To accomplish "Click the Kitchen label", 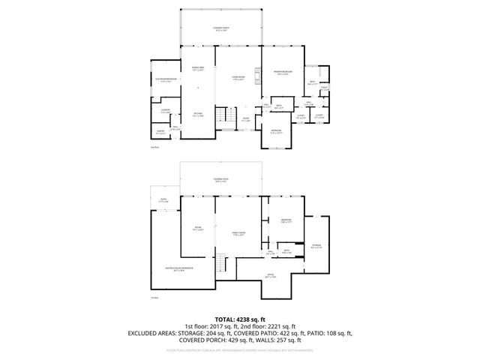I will [198, 116].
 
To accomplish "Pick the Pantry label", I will [160, 133].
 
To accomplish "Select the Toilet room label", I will [325, 88].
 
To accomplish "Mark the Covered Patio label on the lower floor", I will [220, 180].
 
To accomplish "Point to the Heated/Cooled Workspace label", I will [179, 268].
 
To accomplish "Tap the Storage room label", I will [316, 245].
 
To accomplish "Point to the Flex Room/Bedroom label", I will [166, 79].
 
